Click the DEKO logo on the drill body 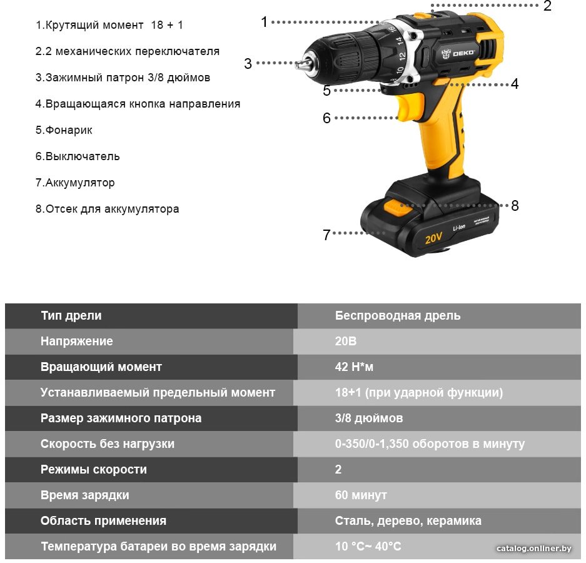point(458,53)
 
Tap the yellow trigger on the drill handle point(410,108)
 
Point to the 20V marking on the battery point(433,238)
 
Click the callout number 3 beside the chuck point(248,64)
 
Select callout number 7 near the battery point(326,235)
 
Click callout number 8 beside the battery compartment point(515,205)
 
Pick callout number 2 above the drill point(547,6)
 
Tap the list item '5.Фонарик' point(64,130)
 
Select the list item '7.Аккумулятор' point(75,183)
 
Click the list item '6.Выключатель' point(78,156)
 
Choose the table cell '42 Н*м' point(354,367)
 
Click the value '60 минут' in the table point(361,495)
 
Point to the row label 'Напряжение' point(77,341)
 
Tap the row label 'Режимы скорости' point(93,470)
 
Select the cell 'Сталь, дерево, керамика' point(408,520)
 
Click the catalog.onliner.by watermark point(533,549)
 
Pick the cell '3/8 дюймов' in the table point(369,418)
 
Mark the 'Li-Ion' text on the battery point(459,228)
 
